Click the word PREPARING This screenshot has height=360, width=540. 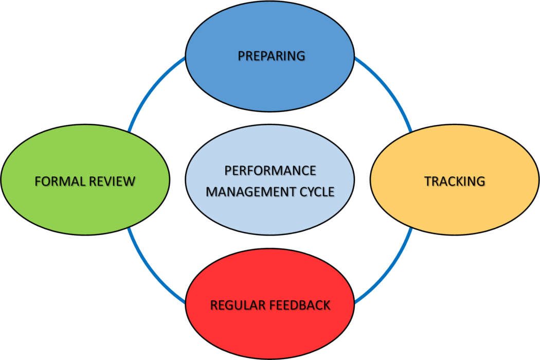tap(271, 56)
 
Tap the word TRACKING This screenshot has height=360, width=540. tap(455, 181)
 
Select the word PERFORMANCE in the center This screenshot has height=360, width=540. tap(270, 170)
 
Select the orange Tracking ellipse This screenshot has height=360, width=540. tap(455, 206)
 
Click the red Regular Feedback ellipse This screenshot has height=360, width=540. tap(270, 329)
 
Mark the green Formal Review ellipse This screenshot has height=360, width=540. tap(85, 206)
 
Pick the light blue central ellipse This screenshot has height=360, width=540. tap(270, 216)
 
